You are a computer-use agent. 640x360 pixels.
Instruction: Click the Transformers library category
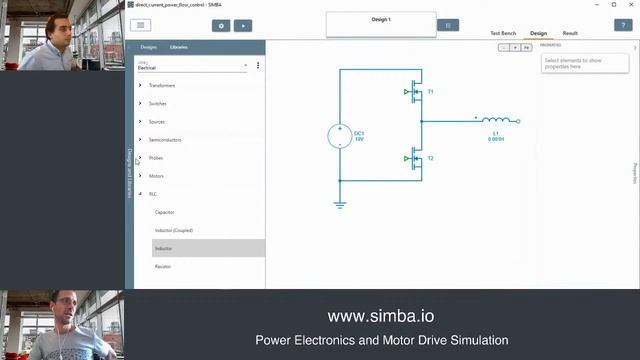click(x=162, y=85)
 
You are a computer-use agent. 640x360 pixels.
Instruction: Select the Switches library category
click(x=157, y=103)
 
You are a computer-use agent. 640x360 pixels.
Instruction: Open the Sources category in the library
click(x=156, y=121)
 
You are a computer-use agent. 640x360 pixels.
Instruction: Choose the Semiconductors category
click(x=165, y=139)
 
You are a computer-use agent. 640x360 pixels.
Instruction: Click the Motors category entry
click(x=156, y=176)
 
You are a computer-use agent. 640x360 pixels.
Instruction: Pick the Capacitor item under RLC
click(x=165, y=212)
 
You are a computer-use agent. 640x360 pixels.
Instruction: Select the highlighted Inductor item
click(x=164, y=248)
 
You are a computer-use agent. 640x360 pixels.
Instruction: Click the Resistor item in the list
click(x=163, y=266)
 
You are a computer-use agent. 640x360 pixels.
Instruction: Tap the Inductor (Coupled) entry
click(x=174, y=230)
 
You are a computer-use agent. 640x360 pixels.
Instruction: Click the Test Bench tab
click(x=503, y=33)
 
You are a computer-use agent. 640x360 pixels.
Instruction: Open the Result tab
click(x=570, y=33)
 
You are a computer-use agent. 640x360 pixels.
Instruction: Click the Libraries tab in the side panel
click(x=179, y=47)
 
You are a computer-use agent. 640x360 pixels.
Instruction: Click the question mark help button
click(x=621, y=25)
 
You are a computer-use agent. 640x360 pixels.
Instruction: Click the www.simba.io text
click(x=381, y=316)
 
